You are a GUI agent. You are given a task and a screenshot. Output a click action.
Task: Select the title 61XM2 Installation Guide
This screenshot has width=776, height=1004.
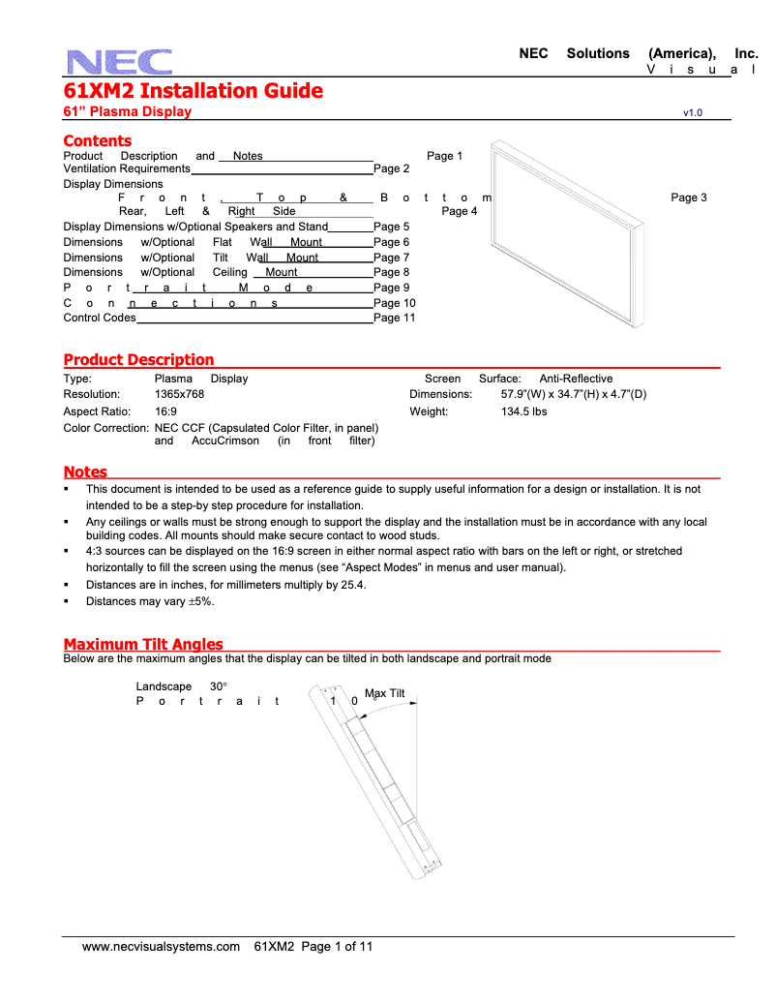point(193,91)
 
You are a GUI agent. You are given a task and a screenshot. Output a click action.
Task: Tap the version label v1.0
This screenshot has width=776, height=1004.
point(692,113)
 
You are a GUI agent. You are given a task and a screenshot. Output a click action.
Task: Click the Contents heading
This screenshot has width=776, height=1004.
point(97,141)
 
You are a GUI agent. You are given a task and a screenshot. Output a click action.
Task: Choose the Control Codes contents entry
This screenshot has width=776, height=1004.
point(100,318)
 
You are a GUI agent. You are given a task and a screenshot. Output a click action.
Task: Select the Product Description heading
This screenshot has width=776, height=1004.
point(138,360)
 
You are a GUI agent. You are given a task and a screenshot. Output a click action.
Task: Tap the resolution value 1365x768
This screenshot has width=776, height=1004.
point(179,395)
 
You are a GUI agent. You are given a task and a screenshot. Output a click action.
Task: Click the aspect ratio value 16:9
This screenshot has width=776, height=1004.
point(165,411)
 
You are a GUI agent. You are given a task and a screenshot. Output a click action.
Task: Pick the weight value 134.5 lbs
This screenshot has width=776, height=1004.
point(523,411)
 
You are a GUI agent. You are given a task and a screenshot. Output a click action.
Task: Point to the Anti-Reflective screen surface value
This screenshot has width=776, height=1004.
point(576,379)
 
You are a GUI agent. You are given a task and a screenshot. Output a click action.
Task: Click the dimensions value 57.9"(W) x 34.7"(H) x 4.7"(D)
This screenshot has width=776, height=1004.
point(573,395)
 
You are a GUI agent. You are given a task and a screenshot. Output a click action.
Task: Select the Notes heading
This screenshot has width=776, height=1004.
point(85,472)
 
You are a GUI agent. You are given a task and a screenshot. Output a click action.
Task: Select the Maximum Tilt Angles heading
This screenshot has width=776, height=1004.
point(143,645)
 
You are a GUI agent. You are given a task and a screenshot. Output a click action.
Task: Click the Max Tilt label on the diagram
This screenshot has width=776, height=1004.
point(384,693)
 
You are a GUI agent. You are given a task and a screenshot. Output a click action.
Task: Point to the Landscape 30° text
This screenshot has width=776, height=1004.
point(181,686)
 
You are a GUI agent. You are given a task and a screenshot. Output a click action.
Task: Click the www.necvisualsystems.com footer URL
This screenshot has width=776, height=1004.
point(161,947)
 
